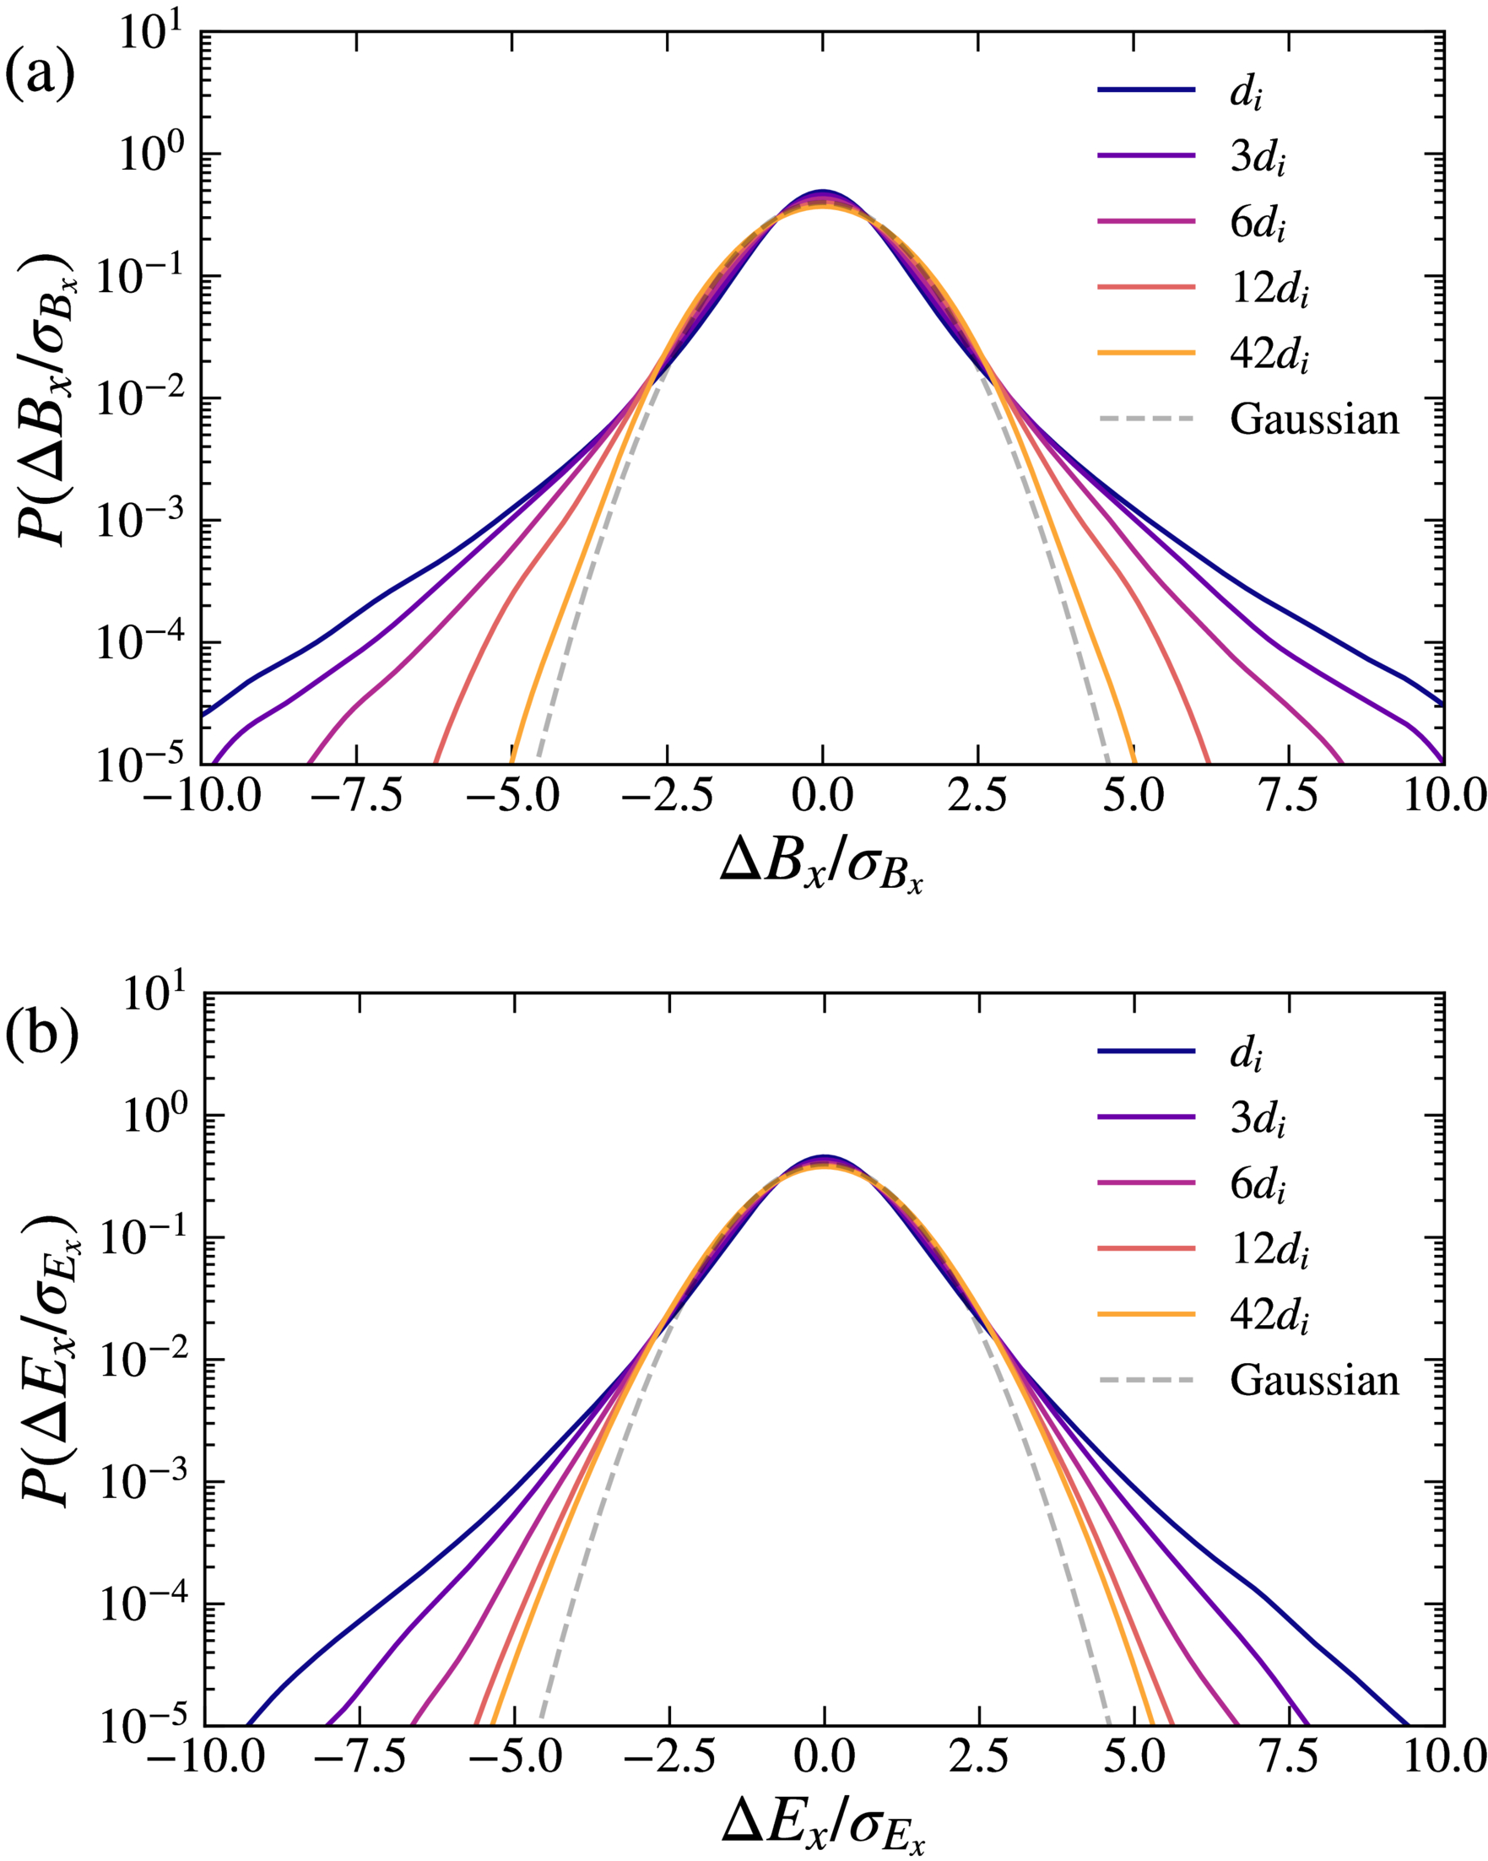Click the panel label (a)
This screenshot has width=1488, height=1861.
pos(40,73)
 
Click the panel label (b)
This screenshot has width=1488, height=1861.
pos(41,1033)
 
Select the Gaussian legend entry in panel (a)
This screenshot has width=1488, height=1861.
pos(1313,419)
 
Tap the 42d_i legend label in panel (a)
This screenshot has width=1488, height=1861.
pos(1269,354)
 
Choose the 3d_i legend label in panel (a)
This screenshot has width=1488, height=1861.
pos(1258,158)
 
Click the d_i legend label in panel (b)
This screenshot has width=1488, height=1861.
pos(1246,1054)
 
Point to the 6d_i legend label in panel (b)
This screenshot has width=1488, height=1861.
pos(1258,1444)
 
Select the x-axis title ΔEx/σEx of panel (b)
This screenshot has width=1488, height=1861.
pos(824,1826)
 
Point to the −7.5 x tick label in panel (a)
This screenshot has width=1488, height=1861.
pos(355,796)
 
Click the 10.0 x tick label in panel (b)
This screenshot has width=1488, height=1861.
pos(1444,1757)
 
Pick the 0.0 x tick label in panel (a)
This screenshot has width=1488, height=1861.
pos(822,796)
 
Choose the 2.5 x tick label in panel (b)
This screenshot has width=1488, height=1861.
pos(978,1757)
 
